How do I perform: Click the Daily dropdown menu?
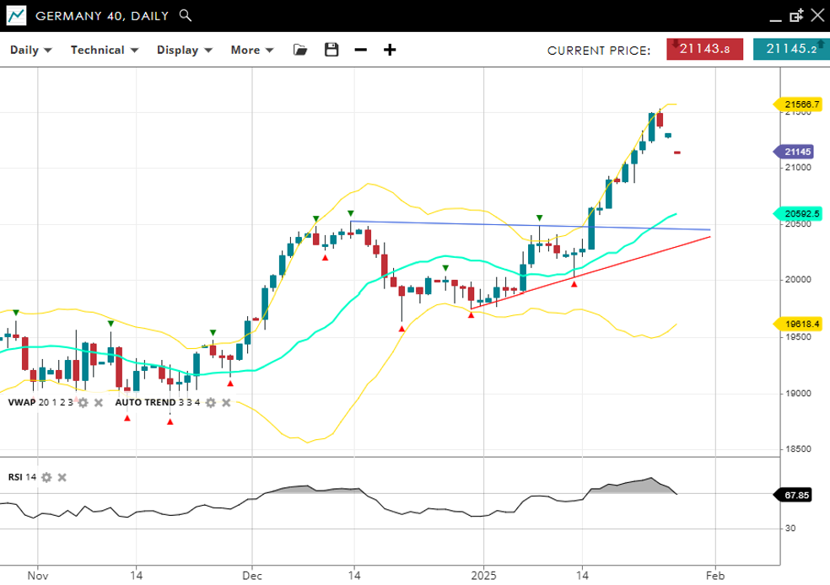(31, 50)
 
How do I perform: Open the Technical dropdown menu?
(104, 50)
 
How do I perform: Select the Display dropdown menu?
(184, 50)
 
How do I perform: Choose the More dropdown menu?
(252, 50)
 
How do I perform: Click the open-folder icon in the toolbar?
(300, 50)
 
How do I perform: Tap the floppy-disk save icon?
(331, 50)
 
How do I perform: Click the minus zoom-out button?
(361, 50)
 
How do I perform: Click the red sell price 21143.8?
(704, 49)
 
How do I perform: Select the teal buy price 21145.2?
(791, 49)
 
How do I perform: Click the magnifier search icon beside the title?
(186, 15)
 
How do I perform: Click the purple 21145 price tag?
(797, 152)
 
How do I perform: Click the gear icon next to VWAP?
(83, 403)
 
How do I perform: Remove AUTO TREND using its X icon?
(226, 403)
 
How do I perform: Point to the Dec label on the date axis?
(251, 576)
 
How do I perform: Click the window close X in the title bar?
(816, 15)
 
